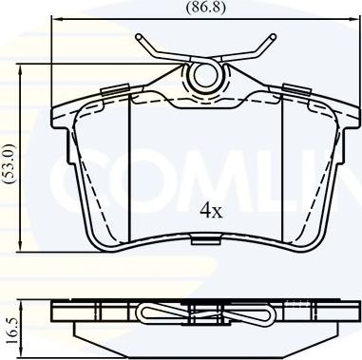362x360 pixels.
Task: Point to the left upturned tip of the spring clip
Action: [142, 39]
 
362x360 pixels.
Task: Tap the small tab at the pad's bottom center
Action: [204, 241]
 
